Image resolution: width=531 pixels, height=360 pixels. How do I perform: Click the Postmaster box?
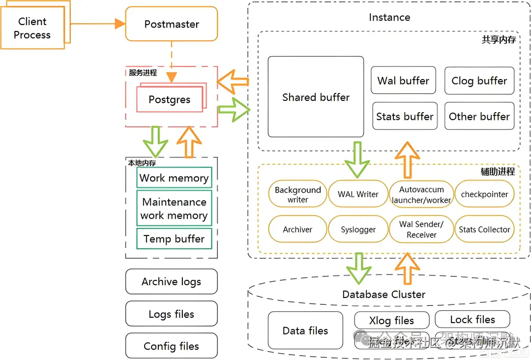(172, 24)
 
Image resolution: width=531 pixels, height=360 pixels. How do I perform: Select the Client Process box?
(32, 28)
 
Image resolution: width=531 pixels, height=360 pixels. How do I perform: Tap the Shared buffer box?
(316, 97)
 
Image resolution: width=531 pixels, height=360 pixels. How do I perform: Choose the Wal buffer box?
(403, 81)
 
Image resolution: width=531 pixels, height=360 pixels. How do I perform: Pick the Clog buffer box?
(479, 81)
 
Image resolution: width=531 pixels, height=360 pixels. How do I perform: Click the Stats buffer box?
(405, 116)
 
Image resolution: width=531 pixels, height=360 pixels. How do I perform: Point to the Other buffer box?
(479, 116)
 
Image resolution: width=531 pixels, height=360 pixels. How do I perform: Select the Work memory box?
(174, 178)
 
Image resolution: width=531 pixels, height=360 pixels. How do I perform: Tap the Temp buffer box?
(174, 239)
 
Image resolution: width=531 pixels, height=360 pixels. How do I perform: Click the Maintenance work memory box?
(174, 209)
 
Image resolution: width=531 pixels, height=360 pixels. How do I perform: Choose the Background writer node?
(297, 194)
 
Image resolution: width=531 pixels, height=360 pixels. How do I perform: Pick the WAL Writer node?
(358, 194)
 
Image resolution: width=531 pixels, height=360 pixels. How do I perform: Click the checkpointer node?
(484, 194)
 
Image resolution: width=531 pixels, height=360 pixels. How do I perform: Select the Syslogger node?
(358, 229)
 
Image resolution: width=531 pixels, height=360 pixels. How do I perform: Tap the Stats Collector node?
(484, 229)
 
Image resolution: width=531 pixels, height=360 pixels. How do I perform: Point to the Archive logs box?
(171, 281)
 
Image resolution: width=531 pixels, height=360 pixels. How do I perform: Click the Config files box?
(171, 346)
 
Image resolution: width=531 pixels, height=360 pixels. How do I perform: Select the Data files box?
(305, 330)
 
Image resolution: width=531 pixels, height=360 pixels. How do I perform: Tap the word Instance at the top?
(389, 17)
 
